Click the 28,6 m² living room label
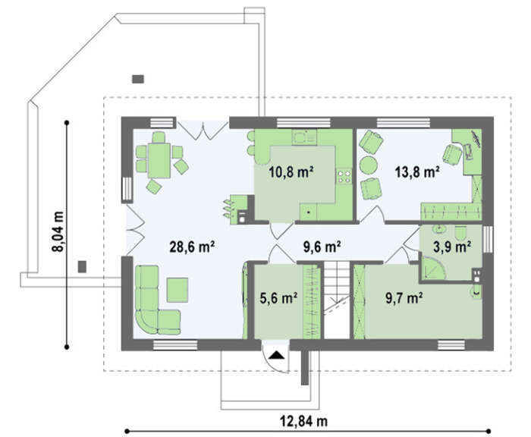[x=192, y=247]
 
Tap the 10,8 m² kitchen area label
[x=291, y=172]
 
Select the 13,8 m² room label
[x=417, y=172]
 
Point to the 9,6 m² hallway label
[x=322, y=247]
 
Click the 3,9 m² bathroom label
[x=452, y=247]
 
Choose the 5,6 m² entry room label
[x=278, y=298]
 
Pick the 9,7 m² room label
[x=404, y=298]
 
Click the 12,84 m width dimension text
[x=303, y=421]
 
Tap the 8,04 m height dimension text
[x=58, y=231]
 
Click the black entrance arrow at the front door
[x=277, y=355]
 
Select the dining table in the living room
[x=159, y=161]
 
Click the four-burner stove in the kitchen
[x=344, y=177]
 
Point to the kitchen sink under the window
[x=304, y=137]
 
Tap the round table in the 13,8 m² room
[x=369, y=166]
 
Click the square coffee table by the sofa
[x=178, y=290]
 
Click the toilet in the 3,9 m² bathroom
[x=460, y=233]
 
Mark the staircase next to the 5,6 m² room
[x=337, y=300]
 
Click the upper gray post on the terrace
[x=138, y=79]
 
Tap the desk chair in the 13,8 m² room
[x=452, y=154]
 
